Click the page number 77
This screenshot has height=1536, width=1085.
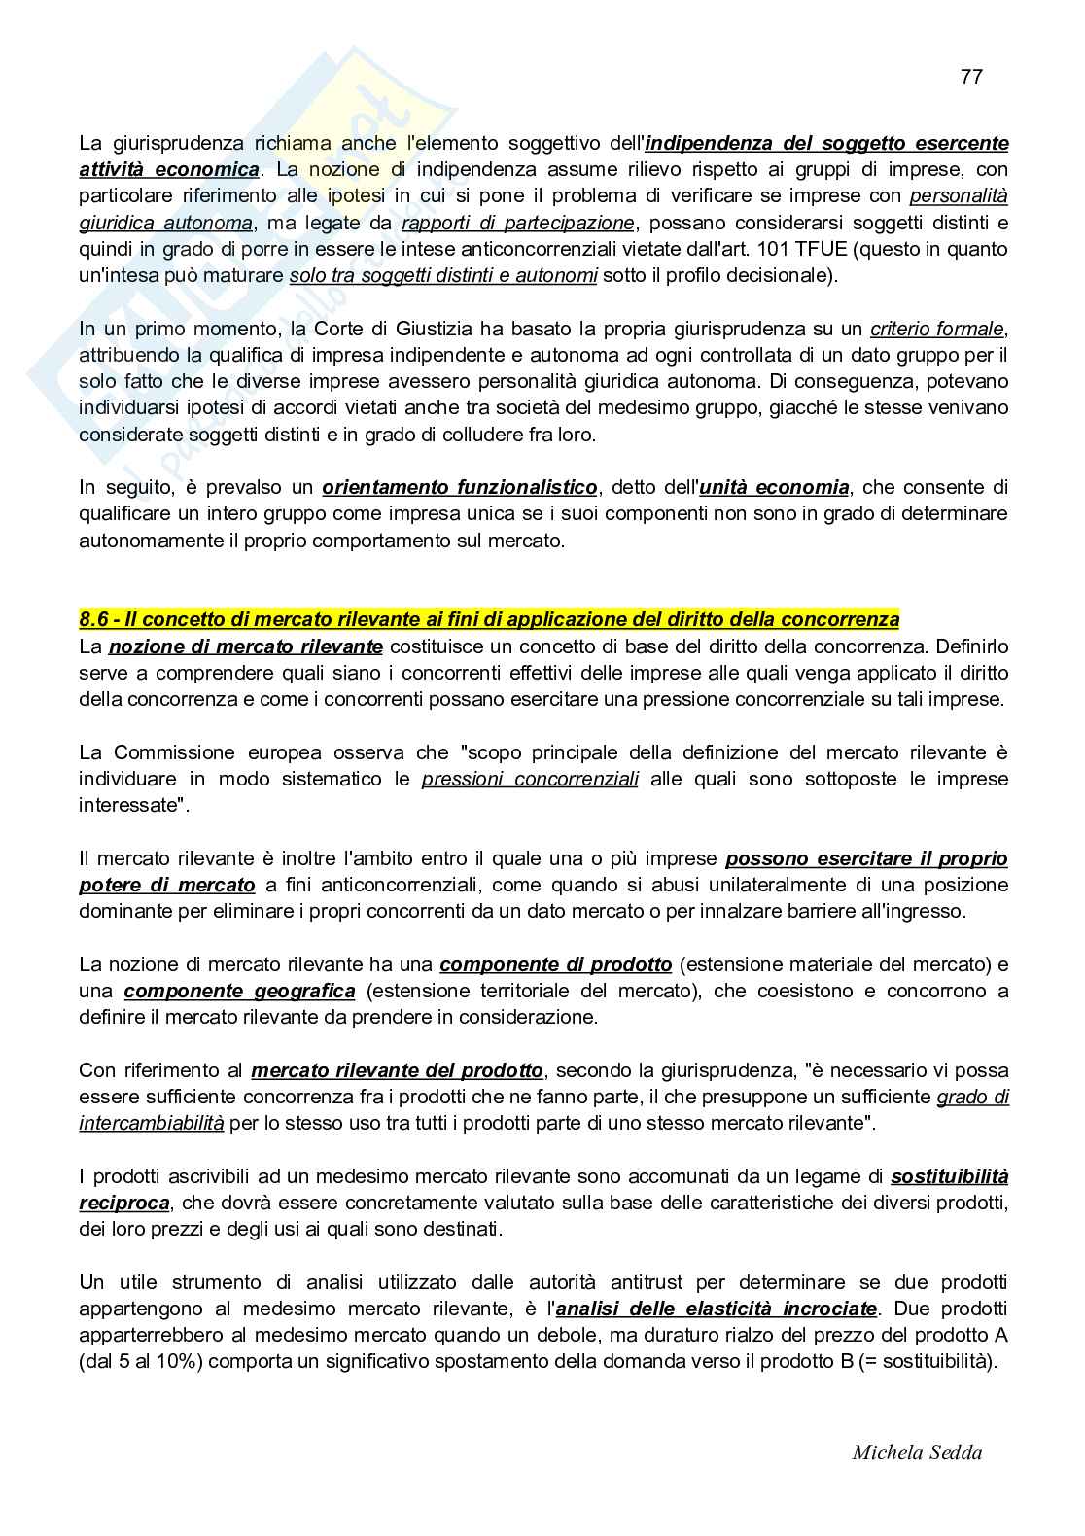pyautogui.click(x=970, y=77)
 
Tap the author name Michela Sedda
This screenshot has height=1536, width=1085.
pyautogui.click(x=916, y=1452)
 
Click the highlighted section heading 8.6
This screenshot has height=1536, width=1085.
pyautogui.click(x=489, y=619)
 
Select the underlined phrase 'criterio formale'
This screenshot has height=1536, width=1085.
pyautogui.click(x=937, y=329)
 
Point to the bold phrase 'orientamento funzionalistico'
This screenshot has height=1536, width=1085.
pyautogui.click(x=460, y=487)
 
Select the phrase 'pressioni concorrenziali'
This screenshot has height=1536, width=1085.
pyautogui.click(x=530, y=779)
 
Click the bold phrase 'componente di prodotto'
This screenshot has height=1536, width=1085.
pyautogui.click(x=555, y=964)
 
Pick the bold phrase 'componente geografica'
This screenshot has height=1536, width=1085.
pyautogui.click(x=239, y=991)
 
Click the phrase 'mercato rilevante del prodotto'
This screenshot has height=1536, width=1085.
pyautogui.click(x=397, y=1070)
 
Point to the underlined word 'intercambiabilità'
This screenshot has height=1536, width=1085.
pyautogui.click(x=152, y=1123)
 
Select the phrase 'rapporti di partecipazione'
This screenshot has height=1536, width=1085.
pyautogui.click(x=518, y=223)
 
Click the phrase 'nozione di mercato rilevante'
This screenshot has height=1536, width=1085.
pyautogui.click(x=246, y=646)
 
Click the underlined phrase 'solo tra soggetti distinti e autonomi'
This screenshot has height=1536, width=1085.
pyautogui.click(x=443, y=275)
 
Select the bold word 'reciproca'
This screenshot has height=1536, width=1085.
pyautogui.click(x=124, y=1203)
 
